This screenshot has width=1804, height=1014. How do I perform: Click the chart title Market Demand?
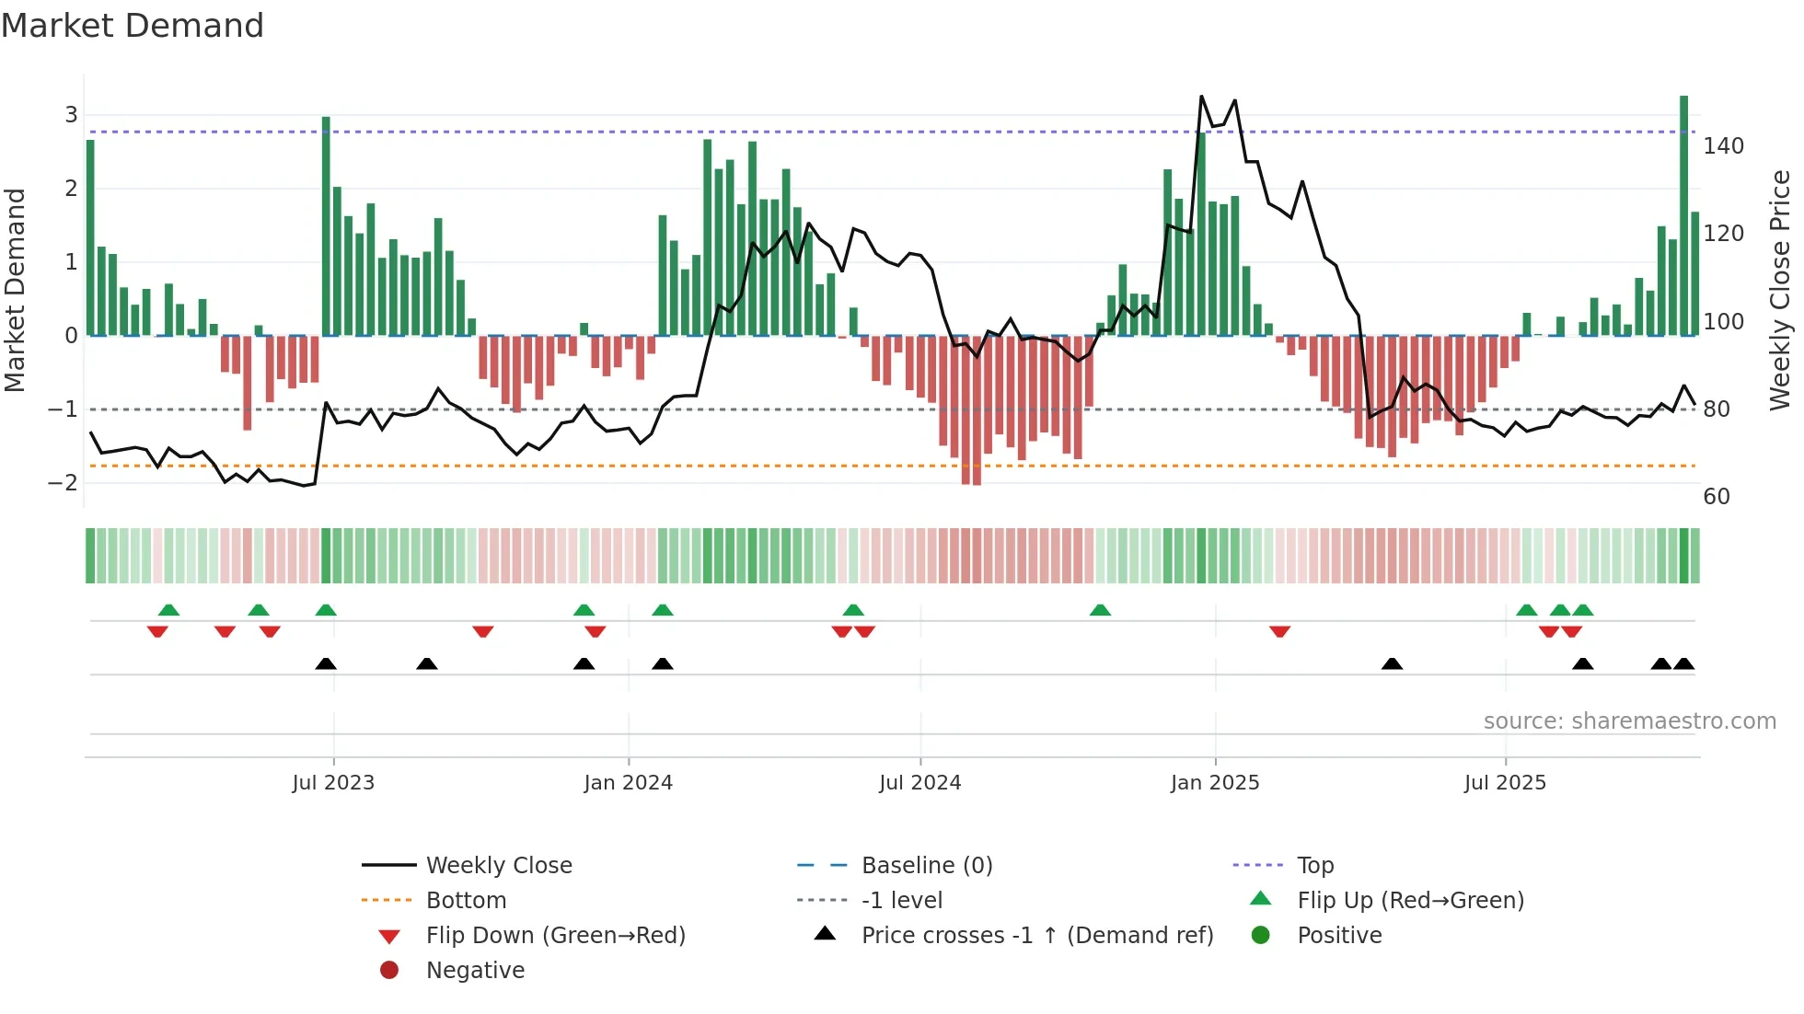click(x=133, y=26)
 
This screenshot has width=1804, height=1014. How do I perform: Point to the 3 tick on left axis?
click(x=71, y=115)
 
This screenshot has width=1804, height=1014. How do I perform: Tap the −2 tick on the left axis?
click(x=64, y=482)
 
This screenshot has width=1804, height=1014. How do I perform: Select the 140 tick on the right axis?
click(x=1723, y=146)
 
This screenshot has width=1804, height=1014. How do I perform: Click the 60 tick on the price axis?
click(x=1717, y=497)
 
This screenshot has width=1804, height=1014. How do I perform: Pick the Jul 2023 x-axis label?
click(x=333, y=783)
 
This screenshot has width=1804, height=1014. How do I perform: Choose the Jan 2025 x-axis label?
click(x=1215, y=783)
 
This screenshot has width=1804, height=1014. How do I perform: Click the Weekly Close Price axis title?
click(x=1780, y=290)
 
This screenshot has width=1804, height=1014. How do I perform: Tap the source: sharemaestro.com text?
click(x=1629, y=721)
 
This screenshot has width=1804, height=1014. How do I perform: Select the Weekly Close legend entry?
click(x=499, y=866)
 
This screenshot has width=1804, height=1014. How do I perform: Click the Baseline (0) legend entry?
click(x=927, y=866)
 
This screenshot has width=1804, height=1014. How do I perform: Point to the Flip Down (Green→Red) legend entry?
click(x=555, y=936)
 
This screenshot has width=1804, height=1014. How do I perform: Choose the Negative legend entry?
click(x=475, y=971)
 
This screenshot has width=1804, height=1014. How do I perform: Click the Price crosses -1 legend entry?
click(x=1036, y=936)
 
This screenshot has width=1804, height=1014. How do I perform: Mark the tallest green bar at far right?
click(x=1683, y=216)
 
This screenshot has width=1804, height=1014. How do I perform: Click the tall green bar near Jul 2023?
click(x=326, y=225)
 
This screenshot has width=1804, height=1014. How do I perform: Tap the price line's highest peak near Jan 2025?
click(x=1201, y=97)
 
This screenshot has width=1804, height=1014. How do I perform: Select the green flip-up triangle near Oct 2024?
click(x=1100, y=610)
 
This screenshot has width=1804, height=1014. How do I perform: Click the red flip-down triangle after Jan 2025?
click(x=1279, y=631)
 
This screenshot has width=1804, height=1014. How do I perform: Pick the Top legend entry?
click(x=1315, y=866)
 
